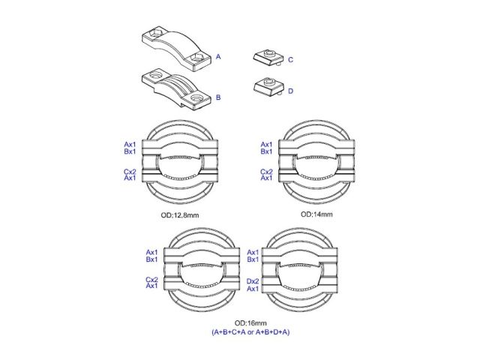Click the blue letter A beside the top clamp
[x=218, y=57]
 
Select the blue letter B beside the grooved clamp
[x=218, y=97]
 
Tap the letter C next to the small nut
[x=290, y=60]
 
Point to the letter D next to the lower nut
[x=290, y=91]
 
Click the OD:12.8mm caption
[x=180, y=215]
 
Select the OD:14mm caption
[x=316, y=214]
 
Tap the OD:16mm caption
[x=250, y=323]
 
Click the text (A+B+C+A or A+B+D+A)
[x=250, y=331]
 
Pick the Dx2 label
[x=253, y=281]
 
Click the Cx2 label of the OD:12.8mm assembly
[x=130, y=172]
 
